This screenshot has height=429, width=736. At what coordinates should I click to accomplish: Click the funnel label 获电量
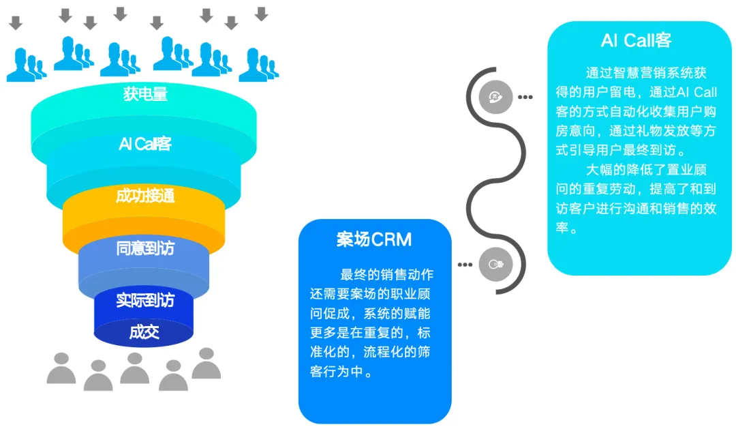[x=145, y=94]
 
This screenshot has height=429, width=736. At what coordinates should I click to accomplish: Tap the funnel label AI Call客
[x=145, y=144]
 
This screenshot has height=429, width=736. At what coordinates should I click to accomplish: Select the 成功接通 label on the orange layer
[x=145, y=196]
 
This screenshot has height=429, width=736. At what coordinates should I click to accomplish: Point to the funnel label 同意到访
[x=145, y=248]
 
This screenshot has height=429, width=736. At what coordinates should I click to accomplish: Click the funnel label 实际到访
[x=145, y=300]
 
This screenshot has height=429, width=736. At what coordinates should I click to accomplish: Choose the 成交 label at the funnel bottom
[x=144, y=332]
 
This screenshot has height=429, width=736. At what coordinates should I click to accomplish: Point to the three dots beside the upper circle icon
[x=525, y=97]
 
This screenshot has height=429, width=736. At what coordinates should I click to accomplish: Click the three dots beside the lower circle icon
[x=465, y=264]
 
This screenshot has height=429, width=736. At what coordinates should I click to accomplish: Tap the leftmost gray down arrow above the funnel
[x=16, y=23]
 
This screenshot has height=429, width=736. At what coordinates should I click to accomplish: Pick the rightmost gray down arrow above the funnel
[x=261, y=14]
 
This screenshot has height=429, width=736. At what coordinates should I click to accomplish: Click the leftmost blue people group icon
[x=26, y=65]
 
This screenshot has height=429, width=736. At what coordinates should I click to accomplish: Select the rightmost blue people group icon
[x=258, y=65]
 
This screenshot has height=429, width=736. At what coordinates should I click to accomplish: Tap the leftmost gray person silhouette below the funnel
[x=61, y=368]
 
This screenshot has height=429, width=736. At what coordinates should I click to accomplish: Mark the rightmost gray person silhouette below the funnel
[x=206, y=363]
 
